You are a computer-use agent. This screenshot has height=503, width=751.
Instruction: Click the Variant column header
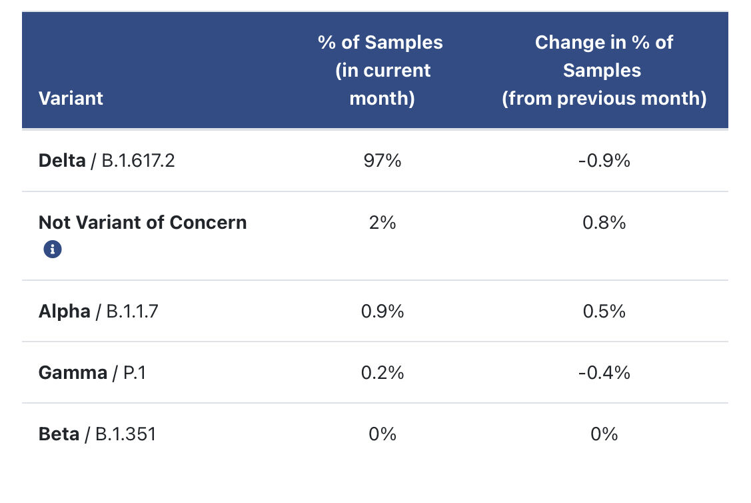(71, 98)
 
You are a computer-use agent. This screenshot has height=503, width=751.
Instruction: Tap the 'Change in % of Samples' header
(604, 70)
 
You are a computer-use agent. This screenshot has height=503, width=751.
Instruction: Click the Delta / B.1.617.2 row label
(107, 161)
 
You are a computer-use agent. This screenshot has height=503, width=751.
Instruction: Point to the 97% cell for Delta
(382, 161)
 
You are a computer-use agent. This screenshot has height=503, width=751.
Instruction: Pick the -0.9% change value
(604, 161)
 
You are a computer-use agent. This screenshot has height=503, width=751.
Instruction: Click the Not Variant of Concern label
(143, 222)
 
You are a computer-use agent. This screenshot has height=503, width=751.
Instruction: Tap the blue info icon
(53, 249)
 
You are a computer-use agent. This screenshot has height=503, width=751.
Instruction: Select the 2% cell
(382, 222)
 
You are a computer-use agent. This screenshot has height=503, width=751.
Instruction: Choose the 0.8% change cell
(604, 222)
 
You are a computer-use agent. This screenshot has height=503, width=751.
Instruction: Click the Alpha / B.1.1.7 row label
(99, 311)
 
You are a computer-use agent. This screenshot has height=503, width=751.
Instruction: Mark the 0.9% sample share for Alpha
(382, 311)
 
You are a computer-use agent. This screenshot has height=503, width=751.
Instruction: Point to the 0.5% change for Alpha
(604, 311)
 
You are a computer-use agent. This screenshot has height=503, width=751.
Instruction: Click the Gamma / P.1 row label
(92, 372)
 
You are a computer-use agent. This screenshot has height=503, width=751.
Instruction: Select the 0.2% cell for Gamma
(382, 372)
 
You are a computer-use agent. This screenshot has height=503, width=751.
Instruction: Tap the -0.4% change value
(604, 372)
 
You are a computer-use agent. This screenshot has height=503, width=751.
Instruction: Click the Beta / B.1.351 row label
(97, 434)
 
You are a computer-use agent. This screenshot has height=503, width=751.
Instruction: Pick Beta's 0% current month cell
(382, 434)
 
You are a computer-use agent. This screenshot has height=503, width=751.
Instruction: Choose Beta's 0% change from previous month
(604, 434)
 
